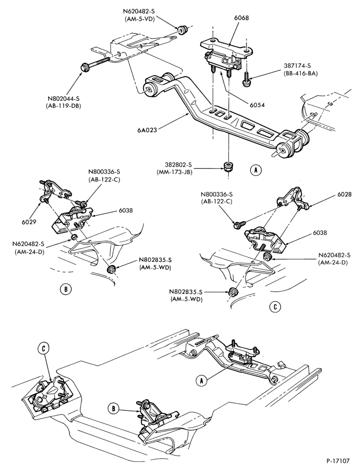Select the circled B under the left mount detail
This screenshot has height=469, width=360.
(x=65, y=289)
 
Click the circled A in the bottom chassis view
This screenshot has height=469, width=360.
(x=202, y=380)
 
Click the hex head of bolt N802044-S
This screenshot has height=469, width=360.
(x=84, y=67)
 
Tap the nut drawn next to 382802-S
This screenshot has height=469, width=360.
(x=229, y=166)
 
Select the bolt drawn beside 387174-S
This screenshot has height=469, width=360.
(x=247, y=79)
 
